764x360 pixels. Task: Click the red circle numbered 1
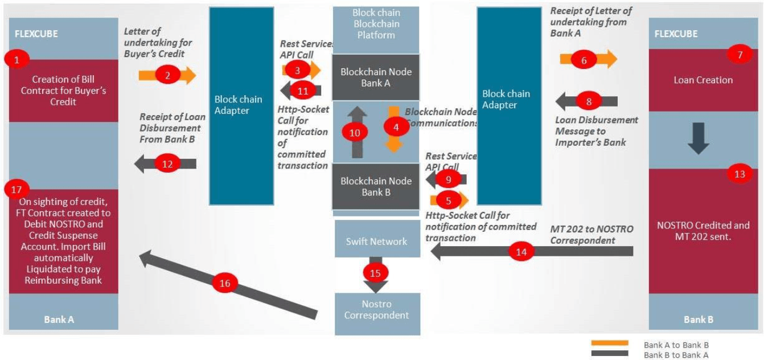pos(17,59)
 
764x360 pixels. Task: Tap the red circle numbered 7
pos(740,55)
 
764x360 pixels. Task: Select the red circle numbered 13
pos(740,174)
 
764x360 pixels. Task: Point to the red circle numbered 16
pos(225,283)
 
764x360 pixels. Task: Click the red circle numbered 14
pos(520,252)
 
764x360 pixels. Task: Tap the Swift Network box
pos(376,242)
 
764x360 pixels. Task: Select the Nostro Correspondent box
pos(377,309)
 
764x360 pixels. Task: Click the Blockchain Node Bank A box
pos(376,77)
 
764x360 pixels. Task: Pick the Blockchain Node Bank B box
pos(376,187)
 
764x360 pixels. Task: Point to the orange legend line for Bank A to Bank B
pos(610,343)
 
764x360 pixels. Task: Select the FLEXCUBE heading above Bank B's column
pos(676,34)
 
